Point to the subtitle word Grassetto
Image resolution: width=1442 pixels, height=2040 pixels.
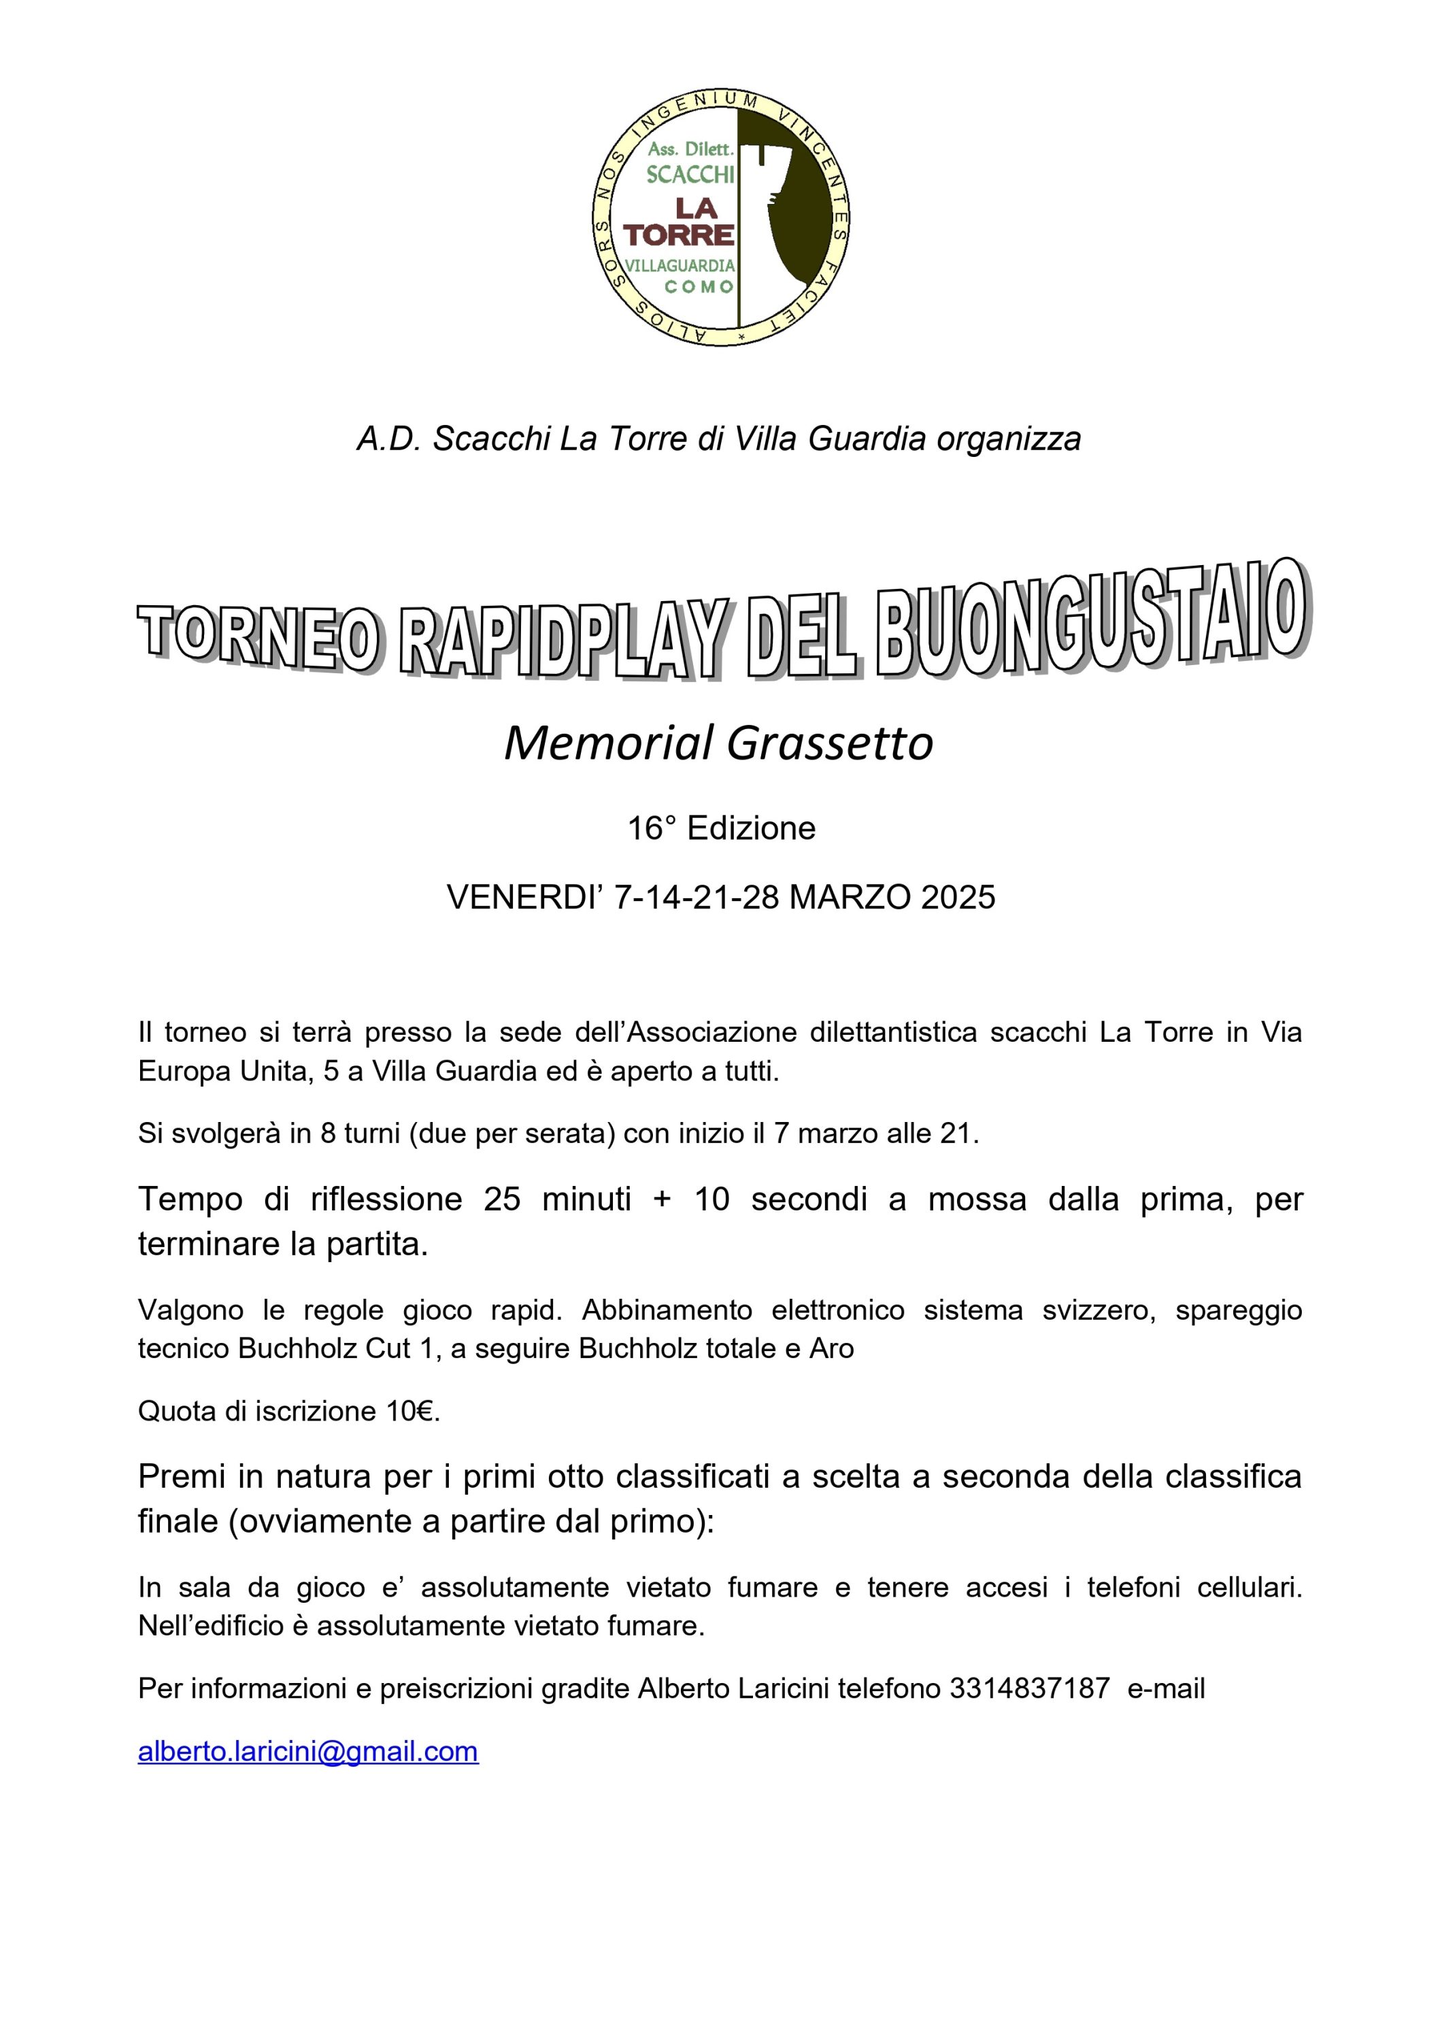tap(830, 744)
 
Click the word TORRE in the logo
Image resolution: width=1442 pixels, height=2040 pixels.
tap(679, 235)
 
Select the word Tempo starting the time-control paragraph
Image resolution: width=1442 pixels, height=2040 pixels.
tap(190, 1199)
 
